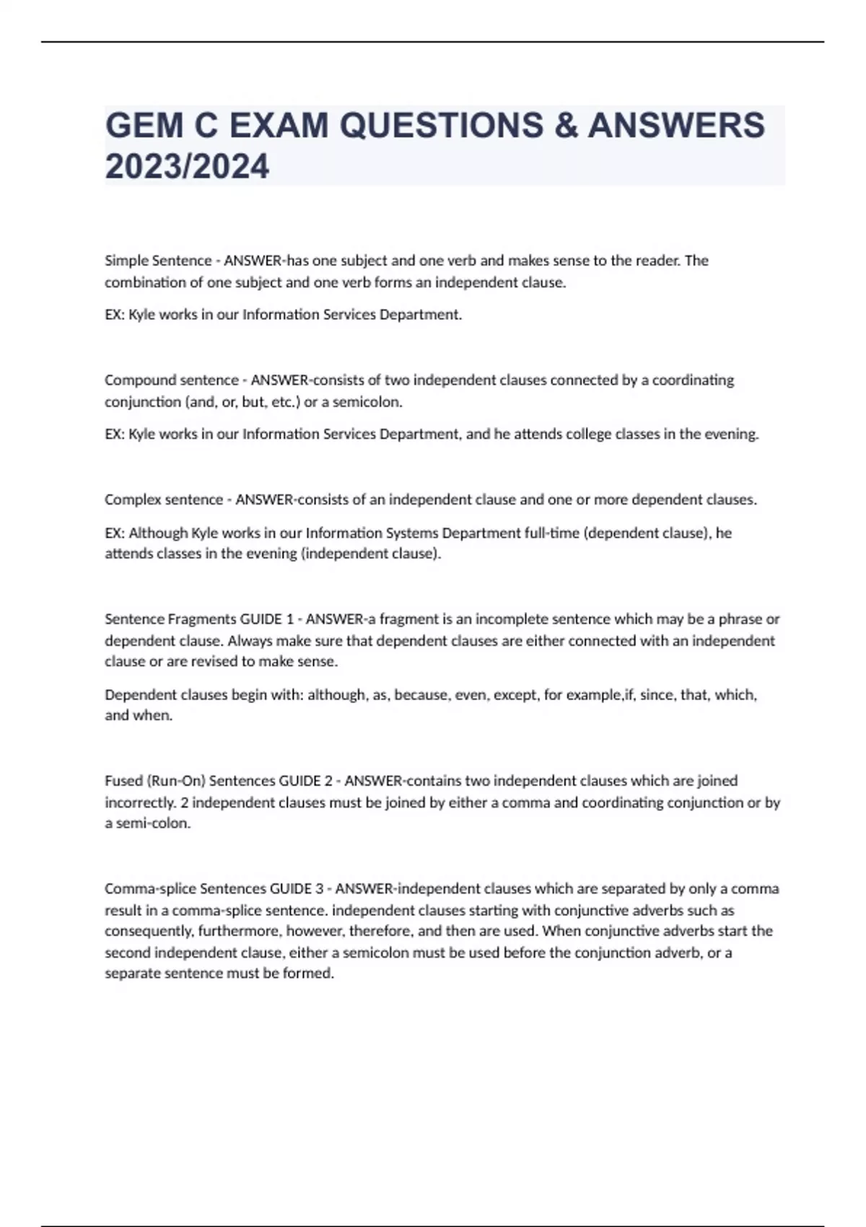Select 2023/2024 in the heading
[187, 167]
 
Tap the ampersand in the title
[565, 126]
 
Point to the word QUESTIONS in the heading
[442, 126]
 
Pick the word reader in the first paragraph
[659, 261]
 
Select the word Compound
[134, 380]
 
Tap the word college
[585, 435]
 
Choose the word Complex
[132, 500]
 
